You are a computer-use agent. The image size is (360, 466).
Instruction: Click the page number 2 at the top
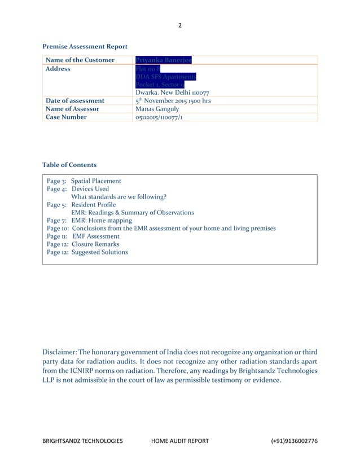coord(180,25)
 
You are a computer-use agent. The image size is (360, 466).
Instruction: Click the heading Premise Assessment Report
coord(85,46)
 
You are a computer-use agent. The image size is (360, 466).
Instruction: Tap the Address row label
coord(58,69)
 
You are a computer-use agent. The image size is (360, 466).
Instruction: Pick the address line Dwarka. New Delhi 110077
coord(173,93)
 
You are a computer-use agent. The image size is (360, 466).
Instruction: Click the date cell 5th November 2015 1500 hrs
coord(173,100)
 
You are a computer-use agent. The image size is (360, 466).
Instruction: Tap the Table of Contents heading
coord(69,165)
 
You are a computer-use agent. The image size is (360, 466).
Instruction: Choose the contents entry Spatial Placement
coord(96,181)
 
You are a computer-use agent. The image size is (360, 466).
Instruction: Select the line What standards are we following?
coord(118,197)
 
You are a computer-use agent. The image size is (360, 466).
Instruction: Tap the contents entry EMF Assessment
coord(99,236)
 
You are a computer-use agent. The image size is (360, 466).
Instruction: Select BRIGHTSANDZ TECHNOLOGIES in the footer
coord(82,441)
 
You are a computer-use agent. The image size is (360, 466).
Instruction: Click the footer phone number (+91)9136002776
coord(294,441)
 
